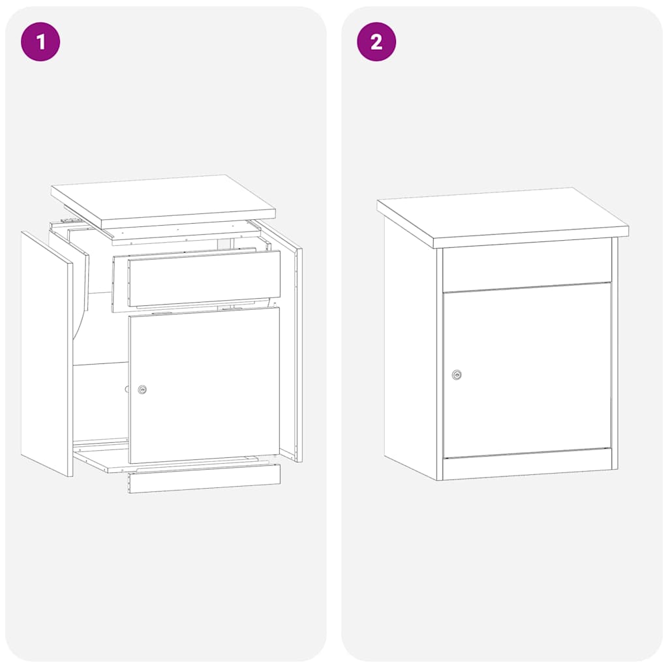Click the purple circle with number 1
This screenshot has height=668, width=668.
point(40,42)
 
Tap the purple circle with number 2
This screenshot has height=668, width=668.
point(376,42)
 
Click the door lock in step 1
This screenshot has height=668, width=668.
point(142,389)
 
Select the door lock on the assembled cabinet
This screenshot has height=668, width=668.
point(457,375)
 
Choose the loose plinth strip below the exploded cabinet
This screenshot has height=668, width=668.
point(204,478)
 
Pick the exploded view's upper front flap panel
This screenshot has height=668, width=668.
point(204,278)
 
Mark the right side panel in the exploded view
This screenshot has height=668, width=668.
point(291,346)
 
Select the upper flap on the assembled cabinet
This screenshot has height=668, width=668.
point(527,265)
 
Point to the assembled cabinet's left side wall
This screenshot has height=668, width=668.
point(410,346)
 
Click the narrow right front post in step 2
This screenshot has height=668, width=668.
point(615,352)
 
